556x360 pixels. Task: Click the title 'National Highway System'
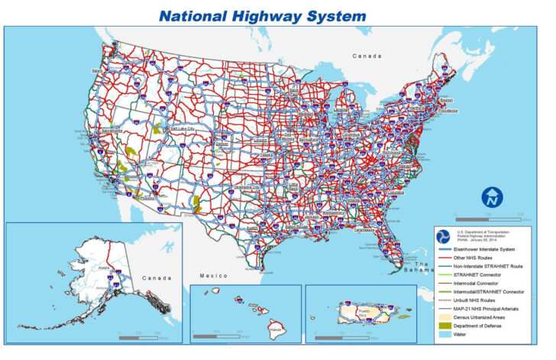(262, 15)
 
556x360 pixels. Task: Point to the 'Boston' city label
(447, 99)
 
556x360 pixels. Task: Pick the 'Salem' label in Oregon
(97, 71)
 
